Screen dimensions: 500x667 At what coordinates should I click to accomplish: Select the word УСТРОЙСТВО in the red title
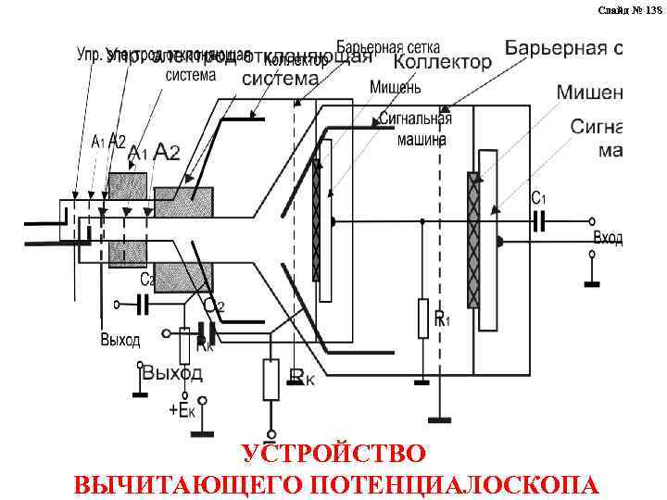tap(333, 455)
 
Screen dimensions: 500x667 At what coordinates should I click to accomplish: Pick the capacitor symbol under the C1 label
tap(540, 221)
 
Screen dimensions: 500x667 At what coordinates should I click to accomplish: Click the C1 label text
tap(538, 198)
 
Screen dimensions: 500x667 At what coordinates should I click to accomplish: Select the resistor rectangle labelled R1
tap(422, 318)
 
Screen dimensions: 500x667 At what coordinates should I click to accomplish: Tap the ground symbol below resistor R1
tap(422, 380)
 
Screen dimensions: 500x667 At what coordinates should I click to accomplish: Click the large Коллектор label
tap(442, 62)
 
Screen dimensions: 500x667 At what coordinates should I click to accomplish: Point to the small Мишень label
tap(396, 87)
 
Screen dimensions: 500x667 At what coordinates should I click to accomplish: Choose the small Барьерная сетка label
tap(388, 45)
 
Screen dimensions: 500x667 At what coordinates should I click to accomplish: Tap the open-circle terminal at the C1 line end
tap(593, 222)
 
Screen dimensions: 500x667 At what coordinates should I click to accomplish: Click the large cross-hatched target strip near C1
tap(473, 241)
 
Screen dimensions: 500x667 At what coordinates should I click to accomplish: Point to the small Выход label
tap(120, 340)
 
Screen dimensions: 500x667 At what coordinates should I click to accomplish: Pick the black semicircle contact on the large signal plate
tap(500, 242)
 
